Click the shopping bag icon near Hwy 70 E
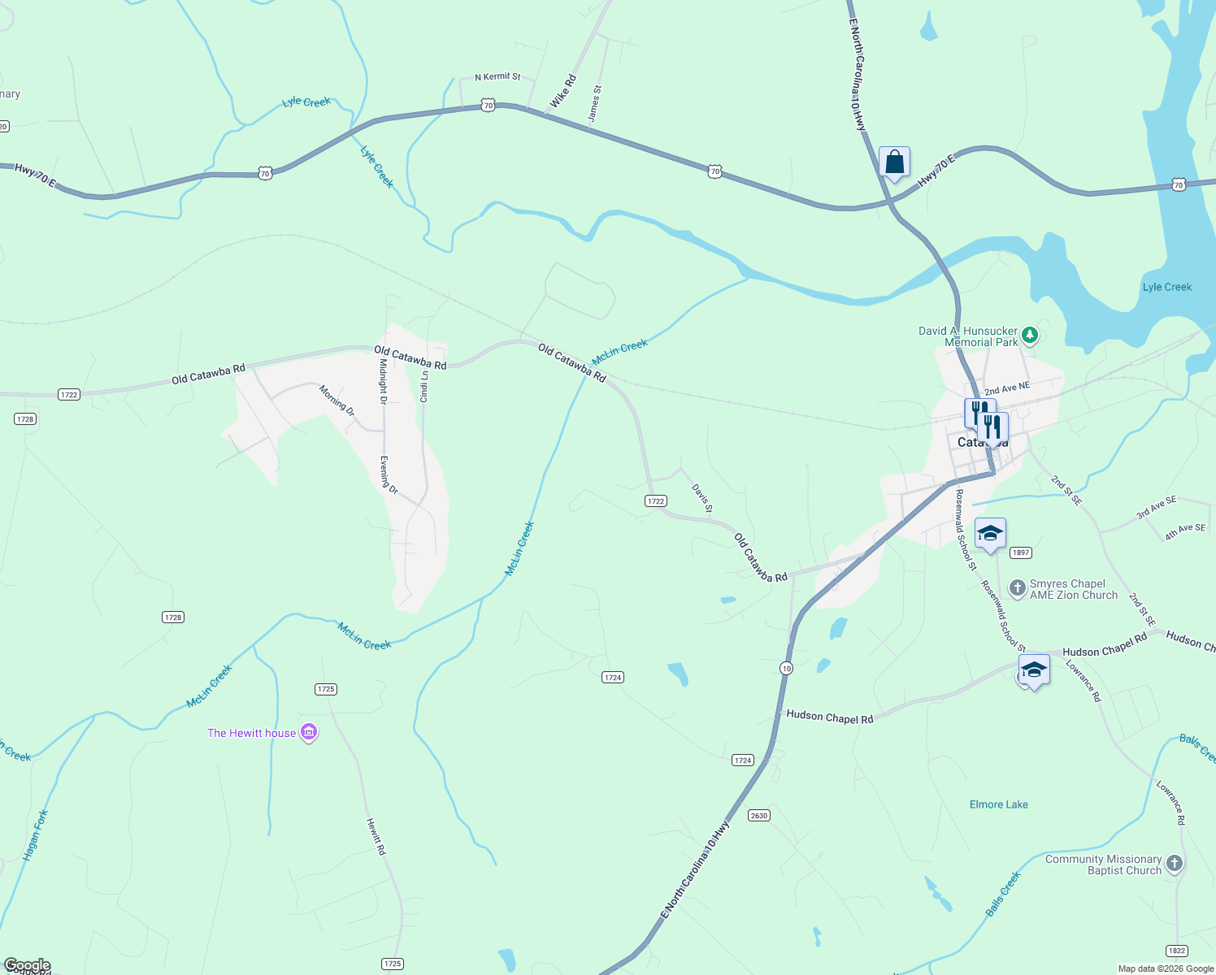[x=894, y=162]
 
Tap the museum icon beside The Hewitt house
[x=309, y=733]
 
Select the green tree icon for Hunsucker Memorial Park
[x=1030, y=334]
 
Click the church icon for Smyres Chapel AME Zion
[x=1017, y=588]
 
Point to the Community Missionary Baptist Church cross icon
[x=1174, y=864]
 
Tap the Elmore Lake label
[x=998, y=804]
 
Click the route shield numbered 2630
[x=758, y=815]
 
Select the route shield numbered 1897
[x=1021, y=552]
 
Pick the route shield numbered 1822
[x=1176, y=951]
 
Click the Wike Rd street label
[x=562, y=91]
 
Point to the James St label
[x=595, y=104]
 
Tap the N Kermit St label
[x=497, y=76]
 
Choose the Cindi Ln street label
[x=424, y=387]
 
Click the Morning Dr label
[x=337, y=401]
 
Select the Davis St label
[x=702, y=498]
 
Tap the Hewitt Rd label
[x=376, y=836]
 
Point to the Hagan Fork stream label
[x=36, y=835]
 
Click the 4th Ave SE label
[x=1185, y=532]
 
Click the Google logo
[x=27, y=965]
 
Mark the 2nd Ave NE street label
[x=1007, y=389]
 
